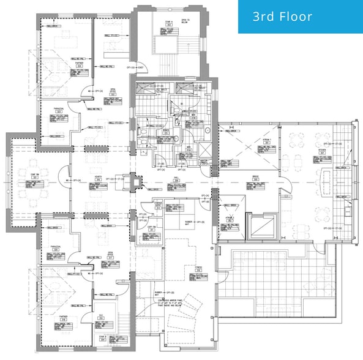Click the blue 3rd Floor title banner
tap(300, 17)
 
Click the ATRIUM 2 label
tap(230, 218)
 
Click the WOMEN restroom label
tap(166, 130)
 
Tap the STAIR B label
tap(101, 337)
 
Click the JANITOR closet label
tap(204, 162)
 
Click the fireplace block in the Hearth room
tap(135, 182)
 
